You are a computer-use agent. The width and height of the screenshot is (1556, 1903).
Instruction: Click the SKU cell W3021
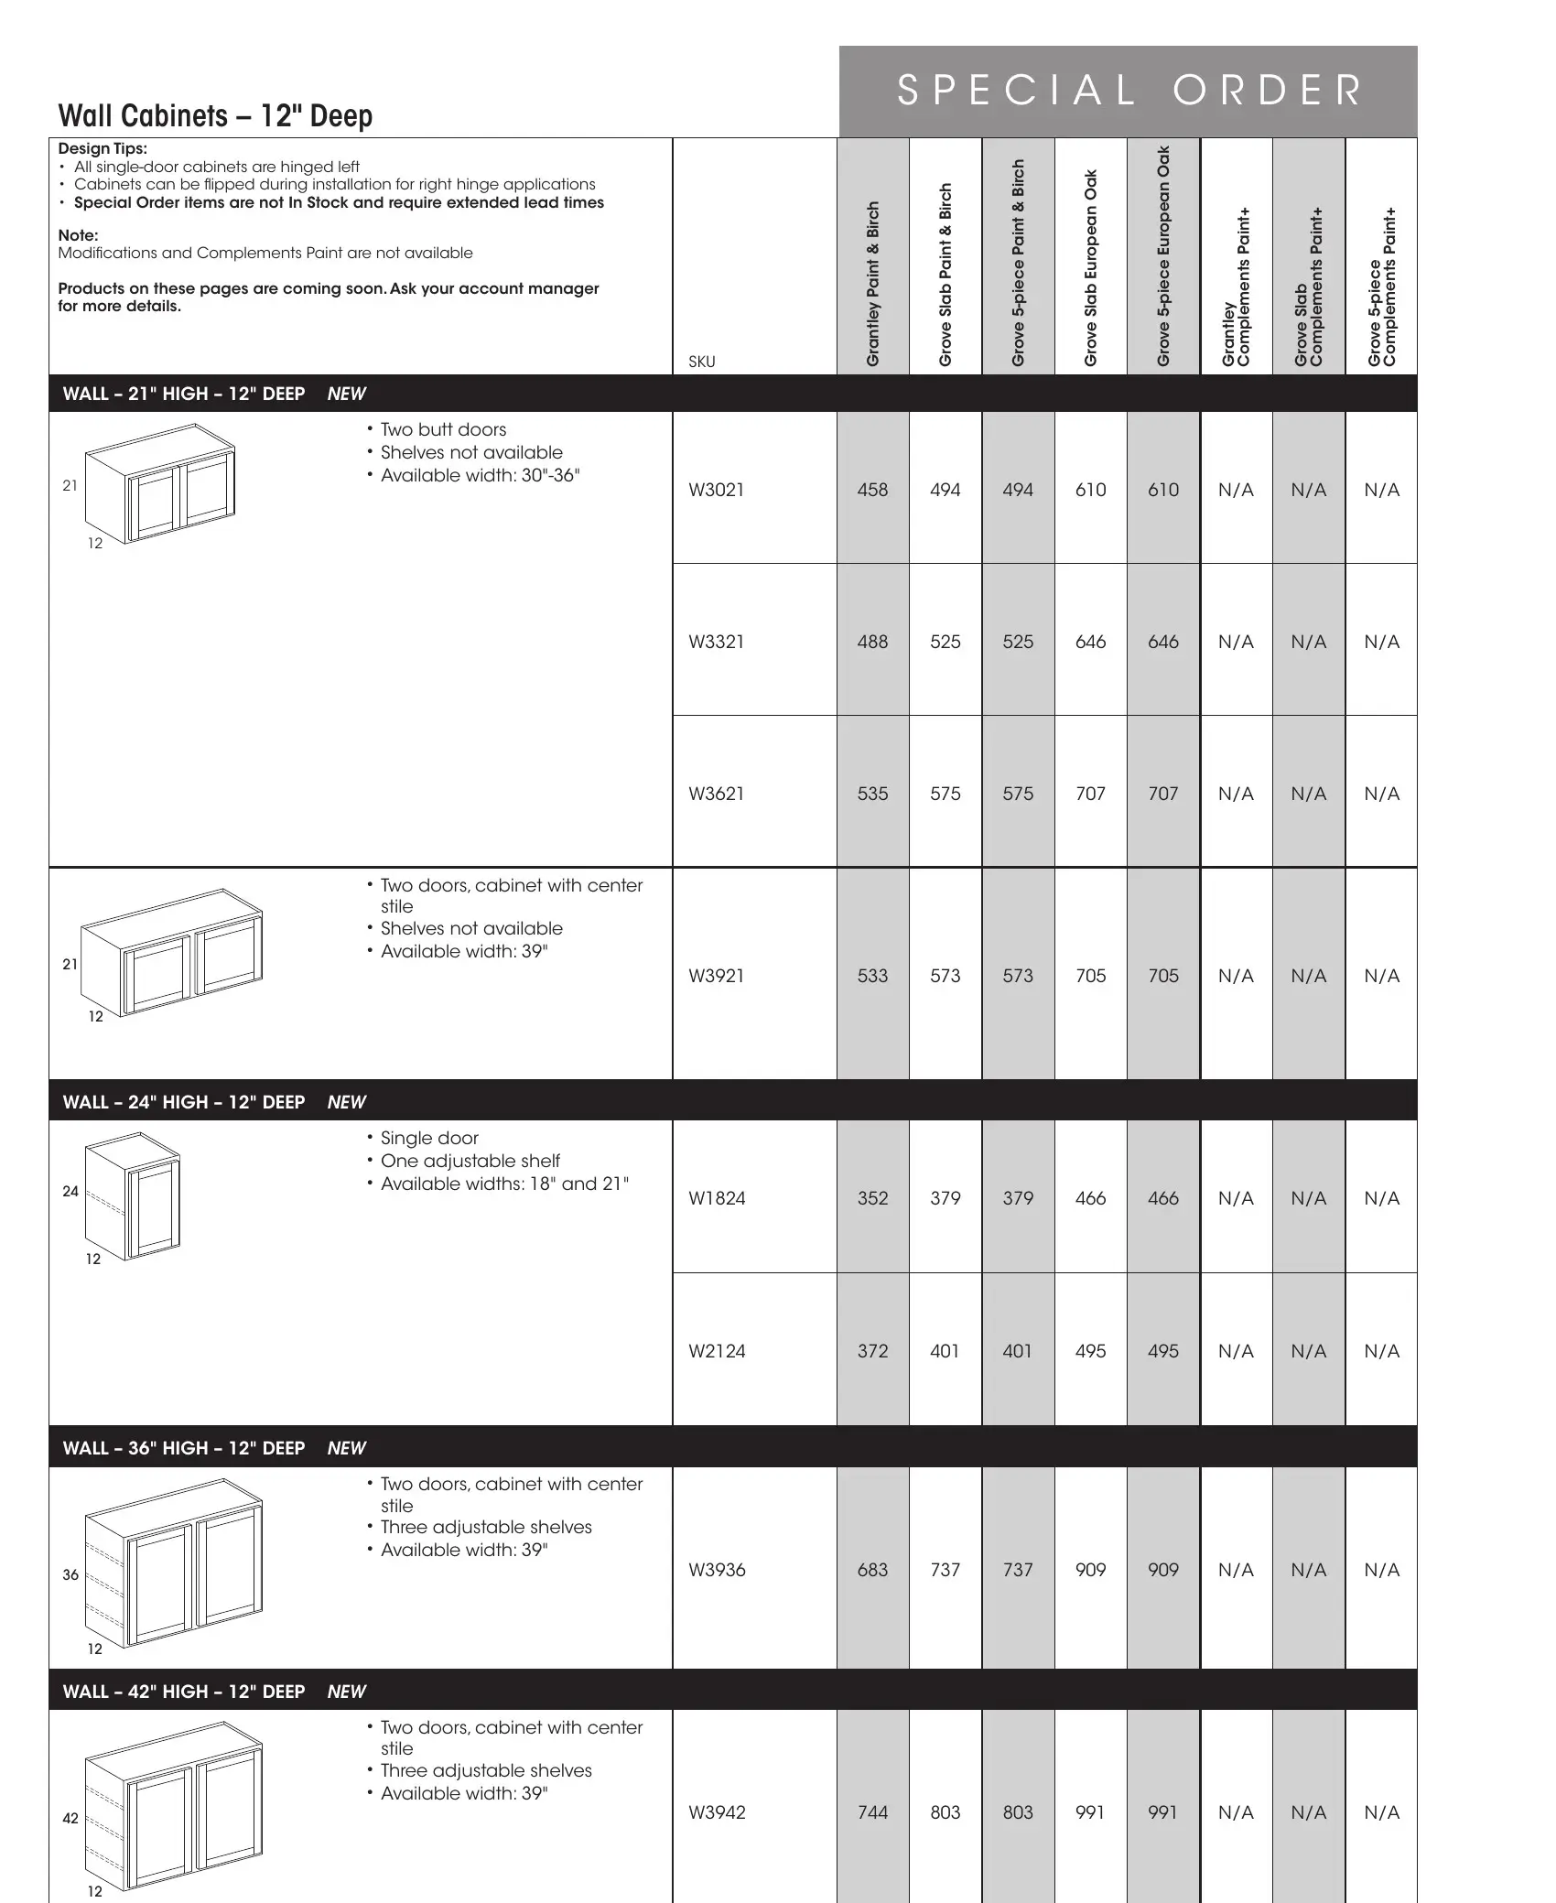tap(716, 490)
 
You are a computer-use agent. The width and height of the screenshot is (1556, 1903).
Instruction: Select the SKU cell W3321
tap(716, 642)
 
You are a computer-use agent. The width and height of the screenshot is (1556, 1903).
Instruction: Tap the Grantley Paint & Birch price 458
tap(872, 490)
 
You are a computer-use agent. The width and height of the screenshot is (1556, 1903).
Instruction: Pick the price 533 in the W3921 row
tap(872, 976)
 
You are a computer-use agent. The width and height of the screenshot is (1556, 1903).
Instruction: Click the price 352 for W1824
tap(872, 1198)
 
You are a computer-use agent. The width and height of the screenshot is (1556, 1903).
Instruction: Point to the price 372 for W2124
tap(872, 1351)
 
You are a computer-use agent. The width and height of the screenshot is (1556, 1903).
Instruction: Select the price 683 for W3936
tap(872, 1570)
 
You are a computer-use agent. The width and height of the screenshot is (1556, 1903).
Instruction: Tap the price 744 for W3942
tap(872, 1812)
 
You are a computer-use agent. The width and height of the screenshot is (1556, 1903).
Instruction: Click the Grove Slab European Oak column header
tap(1090, 268)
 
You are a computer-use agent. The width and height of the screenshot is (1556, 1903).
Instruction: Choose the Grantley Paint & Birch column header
tap(873, 284)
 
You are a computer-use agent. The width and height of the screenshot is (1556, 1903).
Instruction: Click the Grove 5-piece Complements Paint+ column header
tap(1381, 287)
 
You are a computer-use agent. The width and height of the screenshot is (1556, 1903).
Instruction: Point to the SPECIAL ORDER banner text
tap(1129, 91)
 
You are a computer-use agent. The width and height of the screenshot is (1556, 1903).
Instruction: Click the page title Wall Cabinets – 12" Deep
tap(215, 116)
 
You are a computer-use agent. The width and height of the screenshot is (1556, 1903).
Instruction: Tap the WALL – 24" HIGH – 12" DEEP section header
tap(184, 1102)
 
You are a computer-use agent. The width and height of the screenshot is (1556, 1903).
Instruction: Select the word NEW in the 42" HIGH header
tap(346, 1692)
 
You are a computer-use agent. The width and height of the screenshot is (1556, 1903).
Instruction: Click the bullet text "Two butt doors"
tap(443, 429)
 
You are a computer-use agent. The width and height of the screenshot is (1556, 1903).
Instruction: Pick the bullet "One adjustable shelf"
tap(470, 1161)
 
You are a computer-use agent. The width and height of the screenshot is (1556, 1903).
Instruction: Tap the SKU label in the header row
tap(701, 362)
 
